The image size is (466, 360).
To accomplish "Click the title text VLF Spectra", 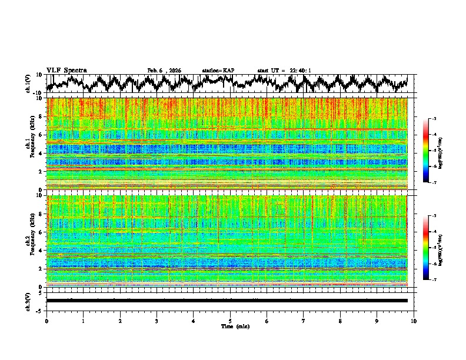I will point(66,70).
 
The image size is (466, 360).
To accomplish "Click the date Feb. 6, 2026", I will point(164,71).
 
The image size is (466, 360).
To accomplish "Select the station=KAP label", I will point(218,71).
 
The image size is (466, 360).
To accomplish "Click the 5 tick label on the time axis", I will point(230,321).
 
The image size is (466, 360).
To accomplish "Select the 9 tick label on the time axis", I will point(377,321).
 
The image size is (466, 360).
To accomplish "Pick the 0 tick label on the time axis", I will point(46,321).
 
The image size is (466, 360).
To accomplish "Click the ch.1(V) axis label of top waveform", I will point(28,84).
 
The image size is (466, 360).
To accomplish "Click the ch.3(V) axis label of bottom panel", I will point(28,300).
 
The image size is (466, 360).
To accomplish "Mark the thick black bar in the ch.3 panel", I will point(227,301).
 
